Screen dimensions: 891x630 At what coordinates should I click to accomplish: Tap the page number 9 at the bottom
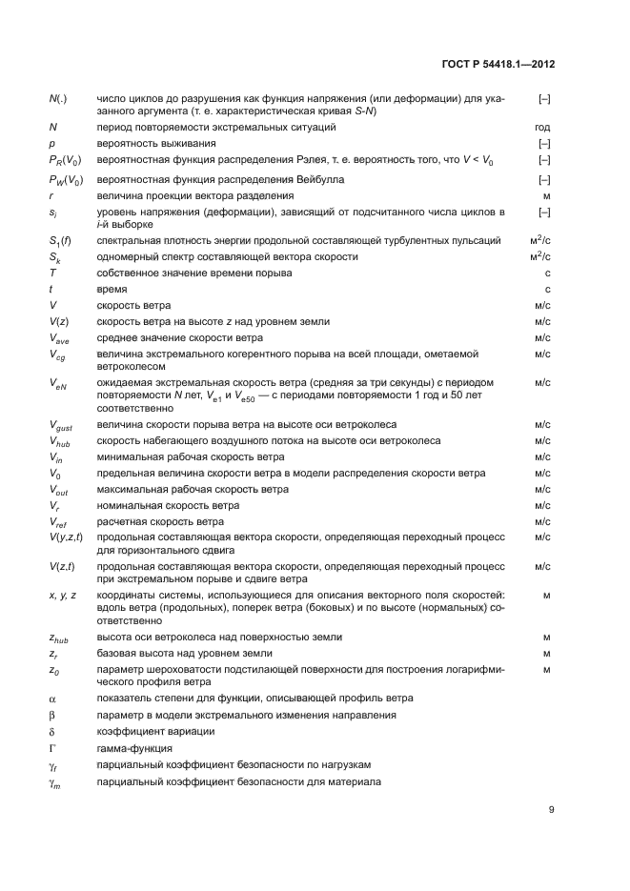click(551, 810)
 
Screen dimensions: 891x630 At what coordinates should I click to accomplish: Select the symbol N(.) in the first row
click(57, 98)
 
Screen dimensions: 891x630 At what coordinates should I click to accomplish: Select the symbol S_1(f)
click(60, 242)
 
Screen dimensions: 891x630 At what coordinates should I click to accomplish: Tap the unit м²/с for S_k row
click(541, 256)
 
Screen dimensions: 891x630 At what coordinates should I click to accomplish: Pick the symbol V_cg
click(58, 354)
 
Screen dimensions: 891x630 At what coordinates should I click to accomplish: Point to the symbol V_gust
click(61, 424)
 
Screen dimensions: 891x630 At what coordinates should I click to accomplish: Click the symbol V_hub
click(60, 440)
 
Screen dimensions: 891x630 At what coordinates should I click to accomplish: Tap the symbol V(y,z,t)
click(66, 537)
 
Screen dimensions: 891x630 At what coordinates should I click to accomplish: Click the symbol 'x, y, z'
click(63, 595)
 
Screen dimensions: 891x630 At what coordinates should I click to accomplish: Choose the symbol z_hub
click(59, 638)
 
